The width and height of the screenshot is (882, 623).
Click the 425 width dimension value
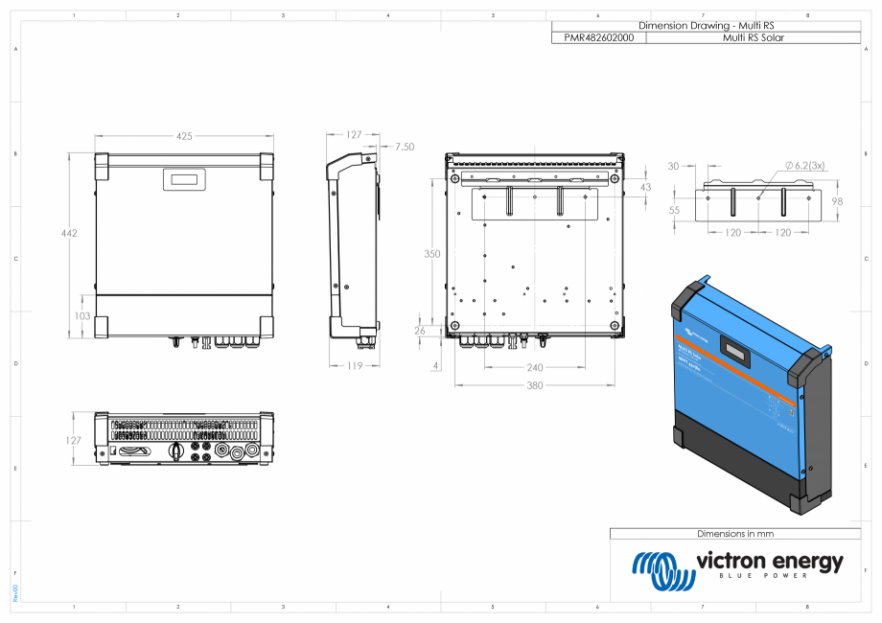pyautogui.click(x=183, y=136)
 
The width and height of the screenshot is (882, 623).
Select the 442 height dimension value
pyautogui.click(x=67, y=233)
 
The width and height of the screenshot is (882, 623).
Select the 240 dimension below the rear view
pyautogui.click(x=534, y=366)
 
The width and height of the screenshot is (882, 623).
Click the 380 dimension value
pyautogui.click(x=534, y=385)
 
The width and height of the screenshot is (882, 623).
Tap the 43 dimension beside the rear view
pyautogui.click(x=644, y=186)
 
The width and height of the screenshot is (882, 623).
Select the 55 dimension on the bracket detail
pyautogui.click(x=674, y=210)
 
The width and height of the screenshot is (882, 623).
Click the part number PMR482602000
pyautogui.click(x=598, y=37)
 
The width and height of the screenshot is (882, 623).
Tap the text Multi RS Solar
pyautogui.click(x=753, y=37)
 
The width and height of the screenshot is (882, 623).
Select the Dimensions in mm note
pyautogui.click(x=735, y=533)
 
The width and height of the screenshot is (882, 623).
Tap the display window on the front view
pyautogui.click(x=183, y=177)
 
